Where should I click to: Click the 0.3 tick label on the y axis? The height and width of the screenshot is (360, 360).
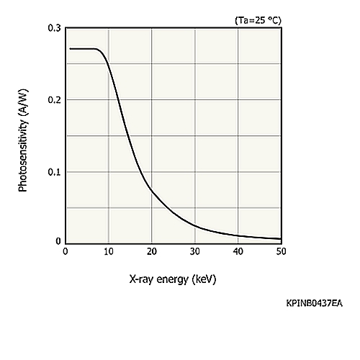(55, 28)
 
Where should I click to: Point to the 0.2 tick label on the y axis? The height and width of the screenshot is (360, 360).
(55, 99)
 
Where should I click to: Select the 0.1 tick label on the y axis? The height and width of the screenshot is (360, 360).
(55, 172)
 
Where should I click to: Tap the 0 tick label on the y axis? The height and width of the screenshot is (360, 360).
(58, 241)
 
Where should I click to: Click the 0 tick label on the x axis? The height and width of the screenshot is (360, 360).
(66, 251)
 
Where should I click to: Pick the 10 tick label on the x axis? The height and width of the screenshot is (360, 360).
(109, 251)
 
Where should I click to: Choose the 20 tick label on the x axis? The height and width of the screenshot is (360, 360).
(152, 251)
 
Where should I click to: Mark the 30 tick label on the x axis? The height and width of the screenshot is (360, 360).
(195, 251)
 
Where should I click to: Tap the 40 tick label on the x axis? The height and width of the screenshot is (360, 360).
(238, 251)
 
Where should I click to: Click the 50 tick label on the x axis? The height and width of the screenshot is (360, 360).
(281, 251)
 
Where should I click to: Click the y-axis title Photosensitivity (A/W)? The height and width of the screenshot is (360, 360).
(23, 140)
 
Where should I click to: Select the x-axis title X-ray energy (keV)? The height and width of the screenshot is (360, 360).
(173, 279)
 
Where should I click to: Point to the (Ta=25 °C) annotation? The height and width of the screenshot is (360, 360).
(258, 20)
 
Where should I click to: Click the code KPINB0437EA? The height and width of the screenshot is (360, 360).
(315, 303)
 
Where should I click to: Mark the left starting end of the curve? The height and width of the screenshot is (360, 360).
(70, 49)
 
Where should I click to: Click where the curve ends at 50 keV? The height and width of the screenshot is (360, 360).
(281, 238)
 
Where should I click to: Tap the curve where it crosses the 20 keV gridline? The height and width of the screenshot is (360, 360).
(152, 192)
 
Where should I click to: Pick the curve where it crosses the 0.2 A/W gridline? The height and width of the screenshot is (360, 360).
(118, 99)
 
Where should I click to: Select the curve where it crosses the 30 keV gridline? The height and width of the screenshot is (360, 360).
(195, 226)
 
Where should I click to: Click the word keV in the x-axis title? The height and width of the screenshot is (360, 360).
(204, 279)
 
